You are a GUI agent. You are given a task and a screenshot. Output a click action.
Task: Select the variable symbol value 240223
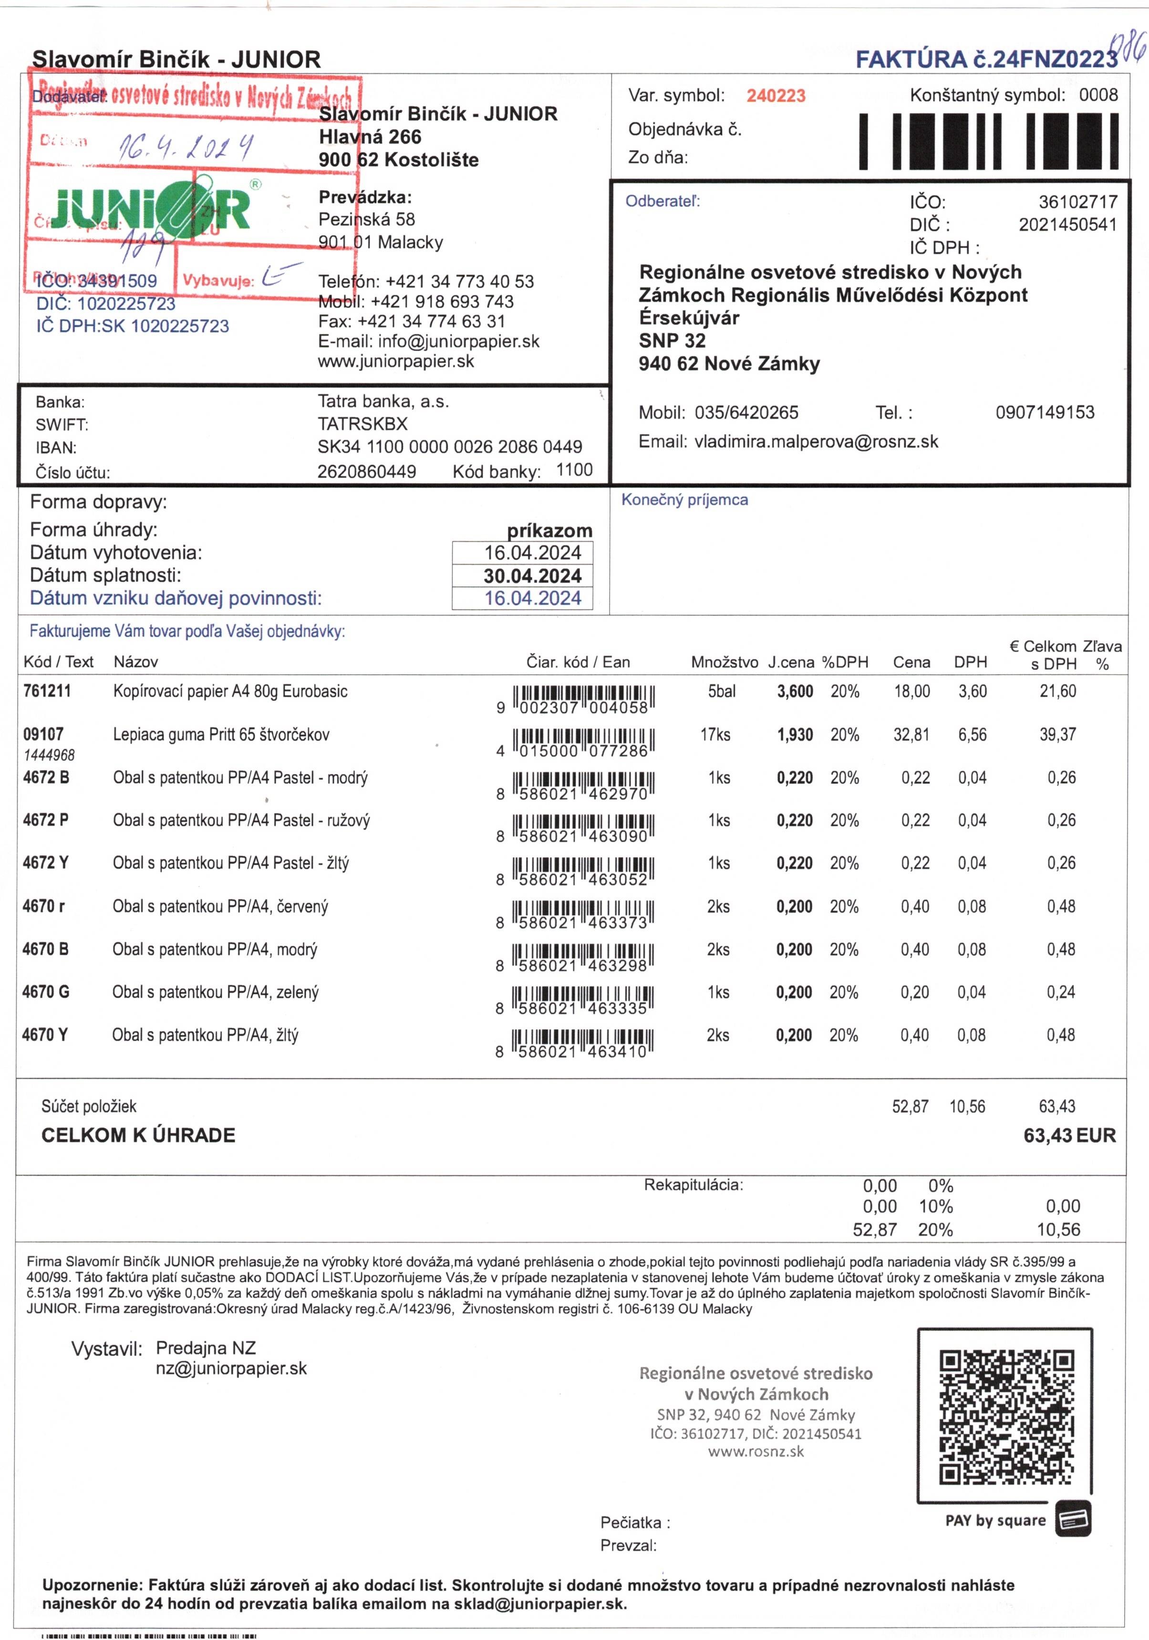pyautogui.click(x=776, y=96)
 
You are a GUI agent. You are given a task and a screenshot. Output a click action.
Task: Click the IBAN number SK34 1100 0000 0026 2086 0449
pyautogui.click(x=450, y=447)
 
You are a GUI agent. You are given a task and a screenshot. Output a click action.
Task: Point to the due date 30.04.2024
pyautogui.click(x=532, y=576)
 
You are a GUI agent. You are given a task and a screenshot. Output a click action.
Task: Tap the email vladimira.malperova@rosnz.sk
pyautogui.click(x=816, y=442)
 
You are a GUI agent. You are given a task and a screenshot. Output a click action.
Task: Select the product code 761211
pyautogui.click(x=47, y=691)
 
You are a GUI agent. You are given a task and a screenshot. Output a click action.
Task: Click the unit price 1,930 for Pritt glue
pyautogui.click(x=795, y=735)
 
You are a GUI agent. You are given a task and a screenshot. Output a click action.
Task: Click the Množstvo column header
pyautogui.click(x=724, y=662)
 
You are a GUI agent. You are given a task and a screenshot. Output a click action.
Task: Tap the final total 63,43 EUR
pyautogui.click(x=1069, y=1136)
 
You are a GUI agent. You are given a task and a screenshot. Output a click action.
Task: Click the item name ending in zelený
pyautogui.click(x=215, y=992)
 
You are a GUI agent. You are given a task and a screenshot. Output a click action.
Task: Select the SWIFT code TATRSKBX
pyautogui.click(x=363, y=424)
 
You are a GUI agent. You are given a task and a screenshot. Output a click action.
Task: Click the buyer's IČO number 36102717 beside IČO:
pyautogui.click(x=1077, y=202)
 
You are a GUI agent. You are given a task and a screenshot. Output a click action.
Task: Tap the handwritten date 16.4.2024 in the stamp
pyautogui.click(x=186, y=146)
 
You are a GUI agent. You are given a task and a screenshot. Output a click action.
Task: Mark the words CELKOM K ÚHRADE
pyautogui.click(x=138, y=1136)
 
